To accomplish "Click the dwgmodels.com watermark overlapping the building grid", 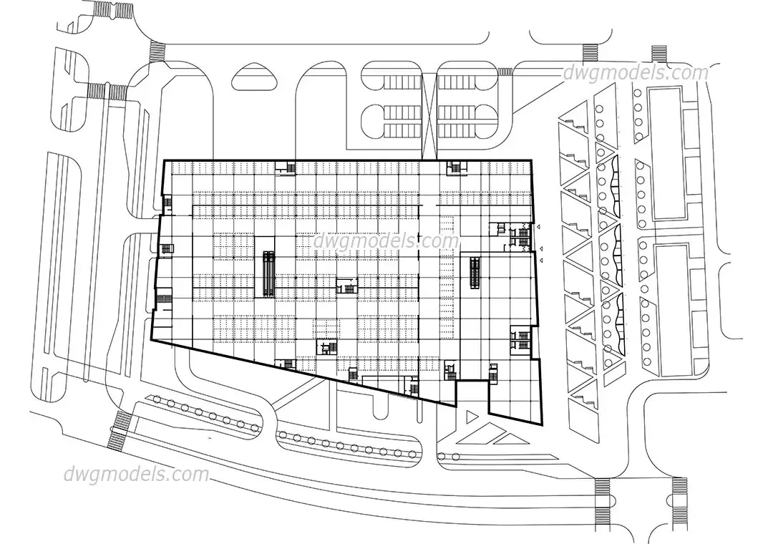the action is tap(386, 242).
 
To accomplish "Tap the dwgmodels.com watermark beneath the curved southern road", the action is tap(136, 475).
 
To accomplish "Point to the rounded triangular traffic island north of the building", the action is tap(254, 77).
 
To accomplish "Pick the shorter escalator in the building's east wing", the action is tap(475, 273).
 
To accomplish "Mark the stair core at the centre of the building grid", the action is tap(346, 286).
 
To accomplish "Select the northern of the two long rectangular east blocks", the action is tap(668, 154).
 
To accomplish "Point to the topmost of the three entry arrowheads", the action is tap(539, 227).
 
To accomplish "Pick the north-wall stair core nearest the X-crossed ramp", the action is tap(457, 167).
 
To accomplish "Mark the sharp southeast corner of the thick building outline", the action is tap(542, 424).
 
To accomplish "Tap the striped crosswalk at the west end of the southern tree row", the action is tap(120, 431).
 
